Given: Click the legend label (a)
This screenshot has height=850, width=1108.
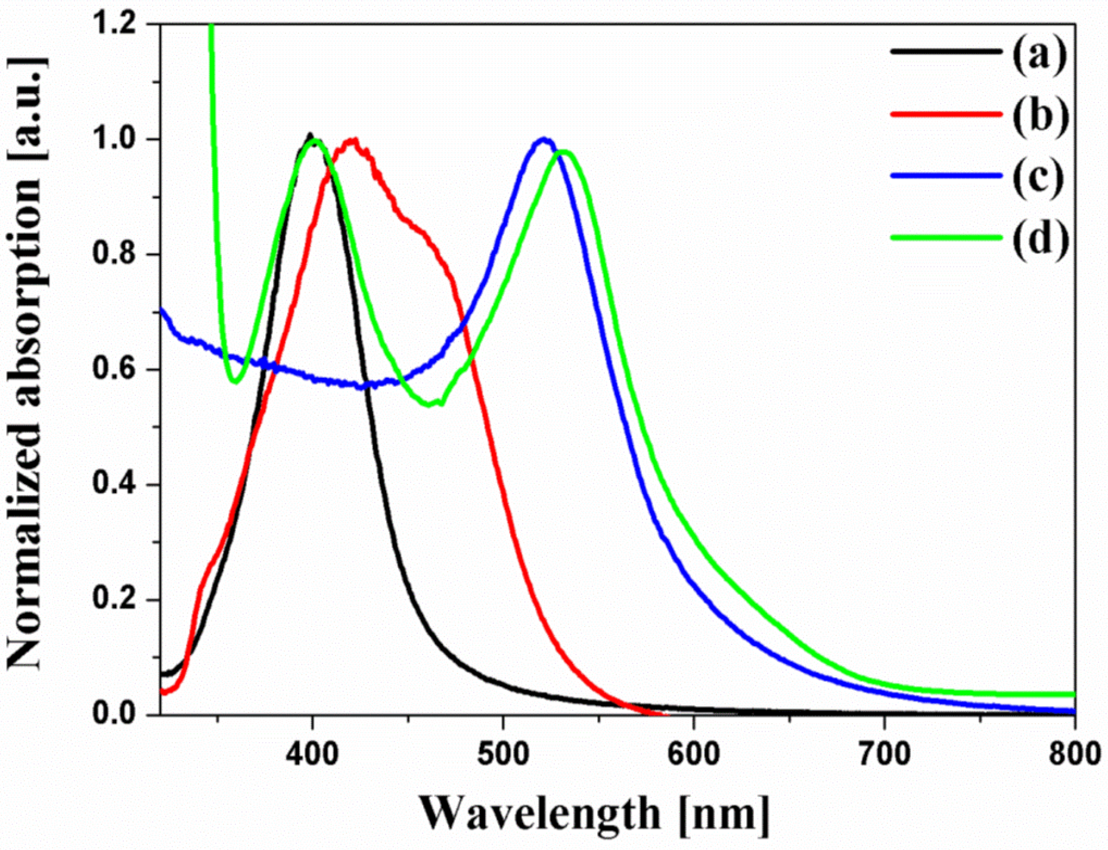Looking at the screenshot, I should [1039, 52].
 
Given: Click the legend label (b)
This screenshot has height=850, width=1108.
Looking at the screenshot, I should [1039, 114].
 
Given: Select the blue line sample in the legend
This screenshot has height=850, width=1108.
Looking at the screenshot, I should [946, 175].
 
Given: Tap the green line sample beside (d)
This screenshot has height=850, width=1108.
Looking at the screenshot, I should [946, 237].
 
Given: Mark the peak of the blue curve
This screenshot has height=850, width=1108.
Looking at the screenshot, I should [544, 140].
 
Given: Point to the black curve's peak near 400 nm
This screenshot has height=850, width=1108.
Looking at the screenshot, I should [310, 135].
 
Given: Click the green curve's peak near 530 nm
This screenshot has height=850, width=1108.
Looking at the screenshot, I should [563, 152].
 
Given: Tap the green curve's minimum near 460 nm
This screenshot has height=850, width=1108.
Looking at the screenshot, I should [428, 405].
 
